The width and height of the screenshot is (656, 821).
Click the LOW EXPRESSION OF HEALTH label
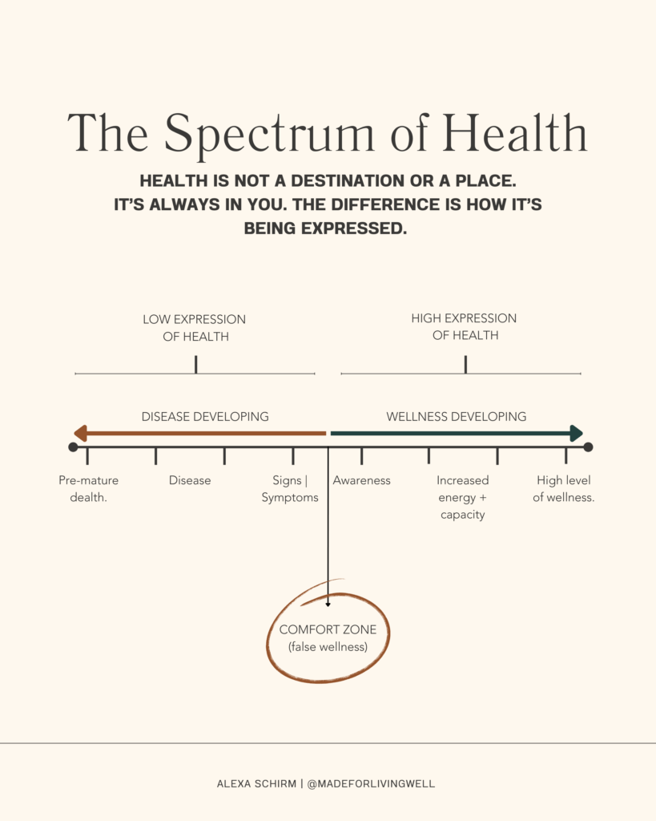click(x=195, y=328)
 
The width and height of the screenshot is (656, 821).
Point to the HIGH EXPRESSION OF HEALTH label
click(x=465, y=327)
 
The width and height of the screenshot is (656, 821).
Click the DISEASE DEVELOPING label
click(x=205, y=416)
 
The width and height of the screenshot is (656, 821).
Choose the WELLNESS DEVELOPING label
click(x=456, y=416)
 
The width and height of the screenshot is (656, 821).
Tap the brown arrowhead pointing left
click(x=80, y=434)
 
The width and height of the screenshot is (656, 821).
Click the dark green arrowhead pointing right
click(x=576, y=434)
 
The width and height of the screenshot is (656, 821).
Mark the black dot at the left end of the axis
click(x=74, y=447)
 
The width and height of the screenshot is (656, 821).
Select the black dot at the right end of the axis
click(x=588, y=447)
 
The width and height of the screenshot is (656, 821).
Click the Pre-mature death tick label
click(x=88, y=488)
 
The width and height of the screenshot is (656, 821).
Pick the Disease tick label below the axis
click(x=190, y=480)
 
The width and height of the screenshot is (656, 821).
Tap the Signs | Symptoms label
click(x=290, y=488)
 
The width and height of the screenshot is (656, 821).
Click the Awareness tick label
click(x=361, y=480)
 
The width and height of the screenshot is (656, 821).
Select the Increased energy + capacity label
click(x=462, y=497)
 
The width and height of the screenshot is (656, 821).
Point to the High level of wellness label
click(x=564, y=488)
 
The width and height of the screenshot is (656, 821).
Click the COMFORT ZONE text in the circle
click(x=328, y=629)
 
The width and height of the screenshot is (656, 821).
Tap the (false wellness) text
click(x=328, y=646)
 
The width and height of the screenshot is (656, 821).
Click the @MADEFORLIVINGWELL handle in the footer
click(x=372, y=783)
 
